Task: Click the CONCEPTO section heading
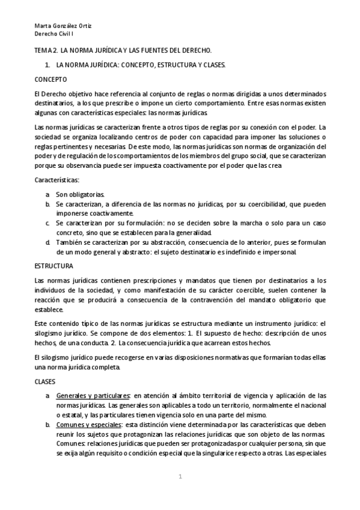(50, 79)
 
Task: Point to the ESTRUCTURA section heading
(54, 265)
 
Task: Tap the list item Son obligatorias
(81, 194)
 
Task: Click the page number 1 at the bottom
(179, 478)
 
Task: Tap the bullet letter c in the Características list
(47, 223)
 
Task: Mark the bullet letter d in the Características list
(47, 242)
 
